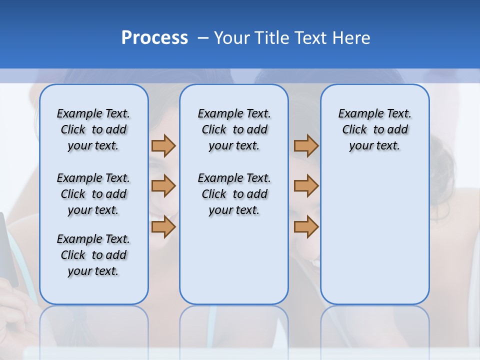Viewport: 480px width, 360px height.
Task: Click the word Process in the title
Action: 154,38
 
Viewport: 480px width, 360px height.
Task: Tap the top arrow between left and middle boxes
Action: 163,145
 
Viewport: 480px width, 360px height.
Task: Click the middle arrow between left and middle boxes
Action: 163,186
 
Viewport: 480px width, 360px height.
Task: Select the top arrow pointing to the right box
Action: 306,145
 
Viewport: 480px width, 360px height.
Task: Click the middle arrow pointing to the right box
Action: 306,186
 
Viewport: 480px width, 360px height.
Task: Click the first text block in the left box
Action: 93,129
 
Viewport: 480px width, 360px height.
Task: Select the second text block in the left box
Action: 93,194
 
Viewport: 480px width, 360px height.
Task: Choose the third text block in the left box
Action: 93,255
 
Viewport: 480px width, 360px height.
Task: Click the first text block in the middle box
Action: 234,129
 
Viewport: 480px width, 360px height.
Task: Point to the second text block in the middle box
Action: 234,194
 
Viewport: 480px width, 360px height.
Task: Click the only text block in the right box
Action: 374,129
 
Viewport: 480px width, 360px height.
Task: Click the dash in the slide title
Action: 203,38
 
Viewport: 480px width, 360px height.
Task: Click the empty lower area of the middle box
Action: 234,265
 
